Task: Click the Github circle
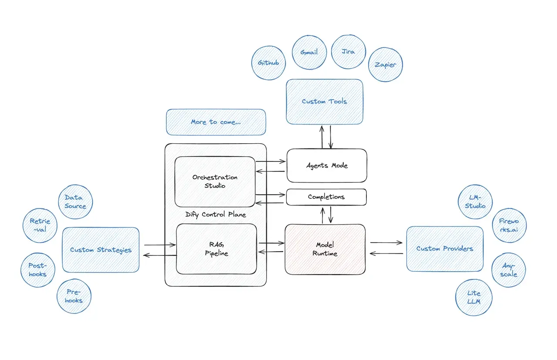point(268,63)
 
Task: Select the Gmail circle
point(309,52)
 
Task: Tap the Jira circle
point(349,51)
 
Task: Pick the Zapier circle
point(386,64)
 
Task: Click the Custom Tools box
point(325,101)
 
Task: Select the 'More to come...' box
point(216,122)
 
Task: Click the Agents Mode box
point(326,165)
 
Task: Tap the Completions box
point(326,197)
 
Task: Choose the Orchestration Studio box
point(215,182)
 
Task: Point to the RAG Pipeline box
point(216,249)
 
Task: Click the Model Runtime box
point(325,249)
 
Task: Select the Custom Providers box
point(444,249)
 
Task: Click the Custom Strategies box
point(101,250)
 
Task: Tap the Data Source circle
point(75,202)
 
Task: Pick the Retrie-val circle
point(40,225)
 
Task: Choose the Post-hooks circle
point(38,270)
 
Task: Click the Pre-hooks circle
point(74,296)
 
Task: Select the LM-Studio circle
point(475,202)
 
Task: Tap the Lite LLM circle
point(473,297)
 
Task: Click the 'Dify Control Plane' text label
point(215,214)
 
